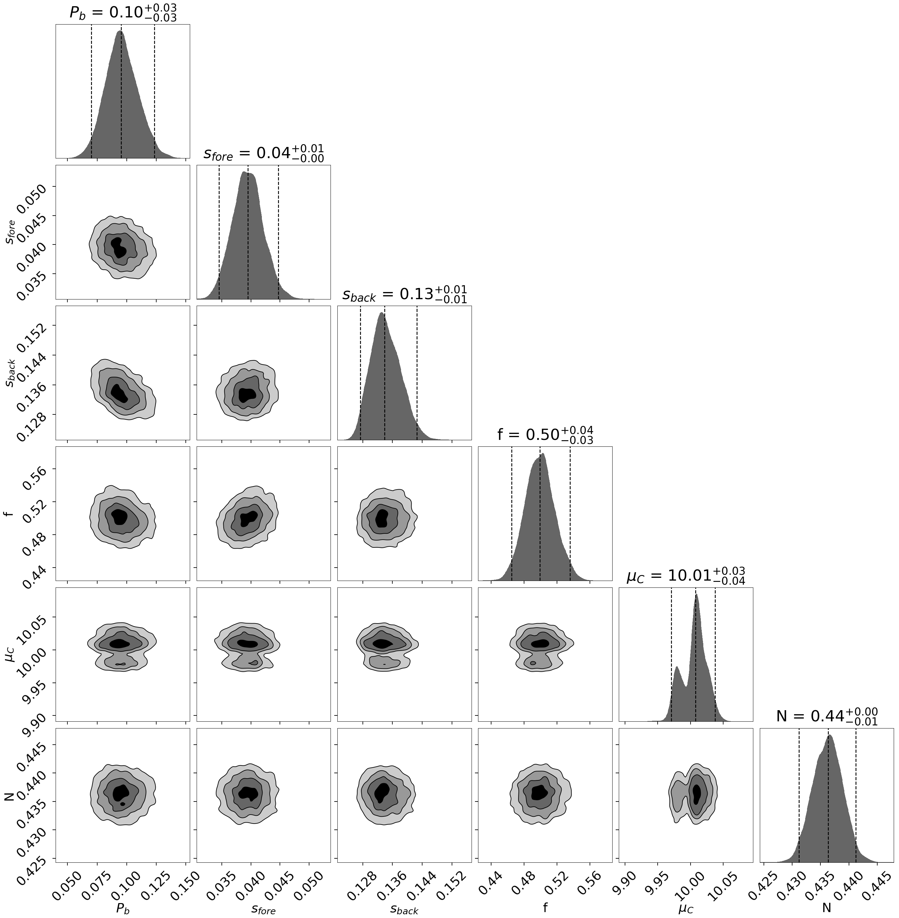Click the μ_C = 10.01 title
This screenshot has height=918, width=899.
click(686, 576)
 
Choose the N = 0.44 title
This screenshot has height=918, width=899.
click(827, 716)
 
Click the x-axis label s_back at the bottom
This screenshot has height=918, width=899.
click(404, 909)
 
